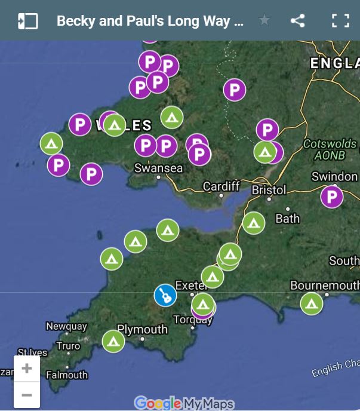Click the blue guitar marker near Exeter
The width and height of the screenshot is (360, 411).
click(165, 295)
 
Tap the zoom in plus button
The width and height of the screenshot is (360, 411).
click(27, 369)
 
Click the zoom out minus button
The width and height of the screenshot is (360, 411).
click(27, 395)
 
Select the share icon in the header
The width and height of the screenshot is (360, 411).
click(297, 21)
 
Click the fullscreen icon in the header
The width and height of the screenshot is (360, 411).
click(340, 21)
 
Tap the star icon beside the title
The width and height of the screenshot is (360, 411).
click(264, 21)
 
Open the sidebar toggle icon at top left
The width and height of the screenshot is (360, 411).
click(27, 21)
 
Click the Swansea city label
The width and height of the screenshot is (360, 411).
click(158, 168)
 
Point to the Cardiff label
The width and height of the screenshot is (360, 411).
click(221, 186)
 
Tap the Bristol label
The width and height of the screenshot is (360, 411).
click(269, 190)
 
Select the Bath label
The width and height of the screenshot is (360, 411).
click(287, 219)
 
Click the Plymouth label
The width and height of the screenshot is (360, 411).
click(142, 329)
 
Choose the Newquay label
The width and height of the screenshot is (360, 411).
click(66, 327)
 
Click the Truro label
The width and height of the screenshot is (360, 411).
click(67, 346)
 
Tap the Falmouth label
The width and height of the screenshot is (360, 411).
click(67, 375)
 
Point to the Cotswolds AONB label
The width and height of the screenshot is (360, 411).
click(330, 149)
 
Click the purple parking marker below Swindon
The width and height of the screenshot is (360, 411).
click(332, 197)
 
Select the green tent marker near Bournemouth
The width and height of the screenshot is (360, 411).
click(311, 303)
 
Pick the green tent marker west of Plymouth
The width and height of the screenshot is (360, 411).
click(113, 341)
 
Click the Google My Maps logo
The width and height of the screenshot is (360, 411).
click(184, 403)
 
